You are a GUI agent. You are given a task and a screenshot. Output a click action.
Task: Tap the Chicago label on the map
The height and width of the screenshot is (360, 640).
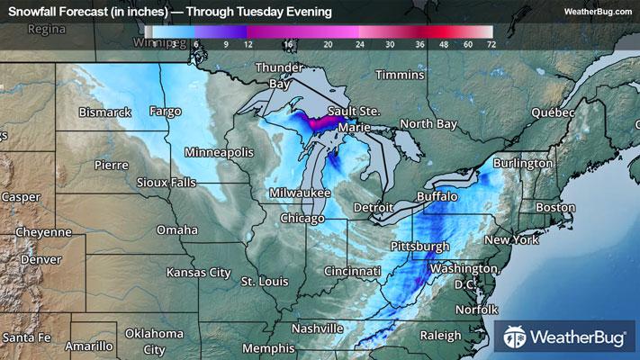pos(302,219)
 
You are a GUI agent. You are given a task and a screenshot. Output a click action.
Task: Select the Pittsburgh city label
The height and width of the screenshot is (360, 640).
pos(419,247)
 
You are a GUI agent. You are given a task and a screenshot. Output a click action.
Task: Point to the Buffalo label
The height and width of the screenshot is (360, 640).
pos(437,196)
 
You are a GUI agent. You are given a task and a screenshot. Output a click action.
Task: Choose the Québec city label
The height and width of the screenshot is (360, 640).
pos(552,113)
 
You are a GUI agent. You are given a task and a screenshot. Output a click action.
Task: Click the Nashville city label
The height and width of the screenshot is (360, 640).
pos(316,328)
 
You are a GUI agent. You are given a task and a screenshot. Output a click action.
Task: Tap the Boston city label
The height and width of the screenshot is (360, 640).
pos(554,208)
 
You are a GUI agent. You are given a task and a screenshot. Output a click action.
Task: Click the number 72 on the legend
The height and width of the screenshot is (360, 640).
pos(490,43)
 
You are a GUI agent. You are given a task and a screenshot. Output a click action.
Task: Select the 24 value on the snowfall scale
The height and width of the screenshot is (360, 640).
pos(359,43)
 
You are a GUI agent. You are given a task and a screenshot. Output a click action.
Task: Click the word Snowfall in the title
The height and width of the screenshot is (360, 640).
pos(33,12)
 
